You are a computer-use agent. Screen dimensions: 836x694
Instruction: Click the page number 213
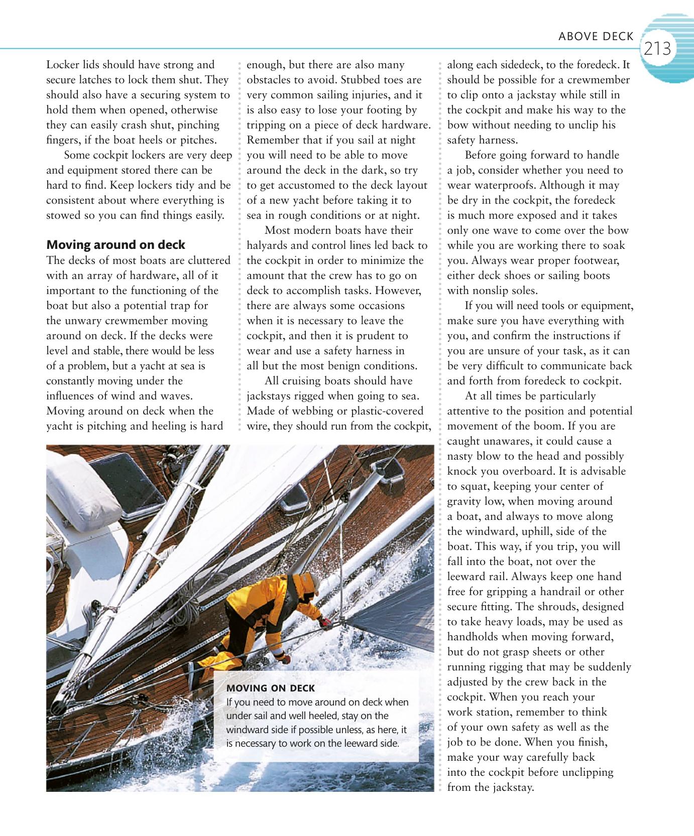point(657,49)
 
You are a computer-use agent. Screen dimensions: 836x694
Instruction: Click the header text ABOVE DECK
point(596,36)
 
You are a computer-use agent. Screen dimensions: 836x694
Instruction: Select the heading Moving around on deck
point(115,245)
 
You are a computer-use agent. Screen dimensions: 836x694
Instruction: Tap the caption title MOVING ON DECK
point(271,688)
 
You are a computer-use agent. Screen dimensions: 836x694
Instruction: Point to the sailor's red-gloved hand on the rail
point(325,622)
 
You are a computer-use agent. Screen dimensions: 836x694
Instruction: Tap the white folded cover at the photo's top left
point(83,489)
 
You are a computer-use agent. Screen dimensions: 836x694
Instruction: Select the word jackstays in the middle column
point(269,396)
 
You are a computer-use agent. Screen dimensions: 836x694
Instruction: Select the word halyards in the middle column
point(267,245)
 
